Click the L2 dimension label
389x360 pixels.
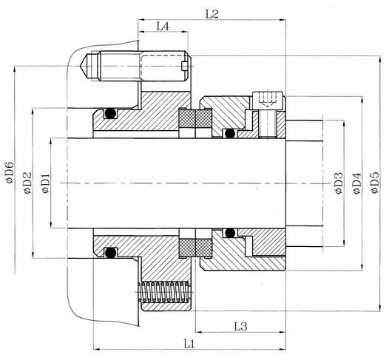pos(212,14)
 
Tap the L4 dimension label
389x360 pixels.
pos(163,26)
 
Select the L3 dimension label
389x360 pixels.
pos(240,327)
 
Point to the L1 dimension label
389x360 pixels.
pos(189,344)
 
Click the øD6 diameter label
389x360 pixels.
pos(10,172)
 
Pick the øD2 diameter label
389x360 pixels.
pos(27,183)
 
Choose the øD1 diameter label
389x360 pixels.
pos(46,183)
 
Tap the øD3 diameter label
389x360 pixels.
pos(339,183)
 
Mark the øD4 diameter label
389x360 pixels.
pos(356,183)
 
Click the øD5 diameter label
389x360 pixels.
pos(374,183)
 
